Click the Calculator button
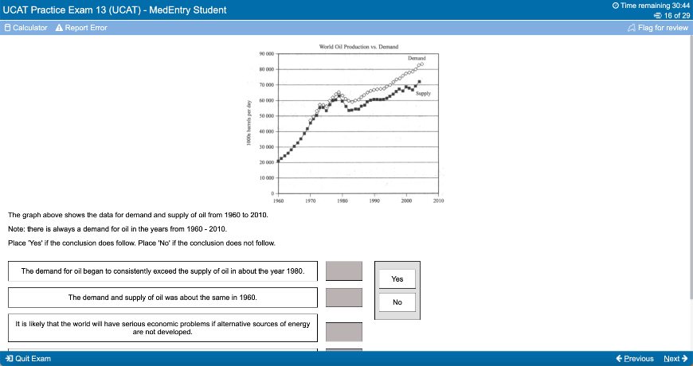coord(26,28)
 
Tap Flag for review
coord(658,28)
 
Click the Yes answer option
coord(397,278)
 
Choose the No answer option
coord(397,302)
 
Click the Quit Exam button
coord(28,359)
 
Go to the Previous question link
coord(634,359)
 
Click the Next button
coord(675,359)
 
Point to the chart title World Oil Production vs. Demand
coord(358,47)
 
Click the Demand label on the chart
coord(417,59)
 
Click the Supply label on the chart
coord(423,94)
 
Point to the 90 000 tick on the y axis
coord(266,53)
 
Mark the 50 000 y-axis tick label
coord(266,115)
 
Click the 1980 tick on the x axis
coord(342,201)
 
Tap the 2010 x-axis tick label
coord(437,201)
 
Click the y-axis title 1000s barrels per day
coord(249,123)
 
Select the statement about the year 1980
coord(162,271)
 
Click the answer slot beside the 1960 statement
coord(344,298)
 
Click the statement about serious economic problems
coord(162,328)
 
